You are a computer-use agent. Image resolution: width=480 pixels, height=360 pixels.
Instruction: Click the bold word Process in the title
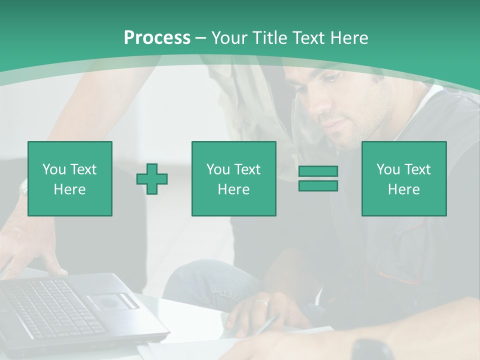(157, 38)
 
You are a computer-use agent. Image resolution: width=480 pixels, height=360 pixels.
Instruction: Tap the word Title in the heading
(270, 38)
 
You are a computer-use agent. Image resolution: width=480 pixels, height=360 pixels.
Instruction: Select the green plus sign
(152, 178)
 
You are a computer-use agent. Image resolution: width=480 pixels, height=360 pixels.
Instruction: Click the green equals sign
(318, 178)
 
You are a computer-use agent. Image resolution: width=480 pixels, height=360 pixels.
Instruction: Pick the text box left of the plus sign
(70, 178)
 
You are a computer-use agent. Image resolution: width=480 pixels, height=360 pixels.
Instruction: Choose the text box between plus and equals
(233, 178)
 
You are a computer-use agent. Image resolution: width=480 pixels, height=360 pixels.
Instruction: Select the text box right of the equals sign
(404, 178)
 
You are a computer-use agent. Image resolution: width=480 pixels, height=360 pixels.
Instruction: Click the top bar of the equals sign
(318, 171)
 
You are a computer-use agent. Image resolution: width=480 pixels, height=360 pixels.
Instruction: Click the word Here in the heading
(350, 38)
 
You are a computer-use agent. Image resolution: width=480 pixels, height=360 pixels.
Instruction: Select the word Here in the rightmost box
(404, 189)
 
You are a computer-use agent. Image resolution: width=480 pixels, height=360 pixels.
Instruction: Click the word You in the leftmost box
(53, 169)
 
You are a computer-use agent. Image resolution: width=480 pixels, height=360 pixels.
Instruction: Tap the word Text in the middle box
(247, 169)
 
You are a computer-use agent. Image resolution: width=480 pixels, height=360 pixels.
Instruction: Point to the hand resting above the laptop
(35, 250)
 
